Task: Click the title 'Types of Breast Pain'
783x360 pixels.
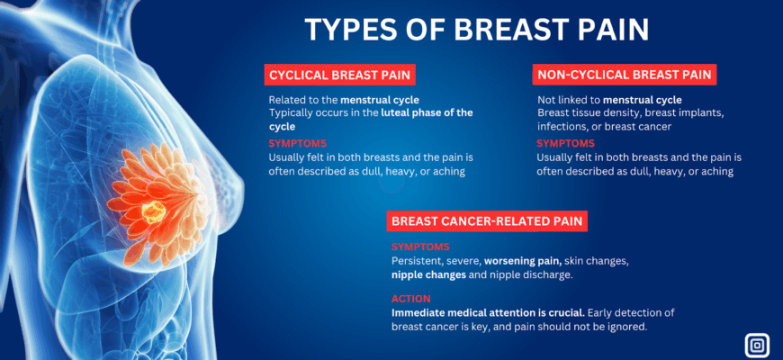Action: (476, 30)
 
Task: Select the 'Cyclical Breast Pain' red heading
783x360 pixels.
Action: (339, 76)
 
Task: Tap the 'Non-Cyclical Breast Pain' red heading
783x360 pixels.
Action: (625, 75)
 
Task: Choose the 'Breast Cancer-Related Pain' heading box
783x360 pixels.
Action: (487, 221)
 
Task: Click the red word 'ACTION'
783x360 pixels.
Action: (411, 299)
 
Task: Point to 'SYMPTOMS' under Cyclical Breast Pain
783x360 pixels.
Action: (298, 144)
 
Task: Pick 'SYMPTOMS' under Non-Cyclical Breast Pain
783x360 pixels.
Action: (566, 144)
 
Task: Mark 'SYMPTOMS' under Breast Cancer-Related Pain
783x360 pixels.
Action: (420, 247)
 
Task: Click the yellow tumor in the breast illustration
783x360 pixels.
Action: (153, 211)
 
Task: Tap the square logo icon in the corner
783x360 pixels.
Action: (757, 346)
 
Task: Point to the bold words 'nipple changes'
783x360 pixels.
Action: (429, 275)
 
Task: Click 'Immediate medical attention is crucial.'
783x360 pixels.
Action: (489, 313)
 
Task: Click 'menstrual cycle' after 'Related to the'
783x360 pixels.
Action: (380, 100)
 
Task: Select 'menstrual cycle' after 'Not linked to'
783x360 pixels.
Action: (643, 100)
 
